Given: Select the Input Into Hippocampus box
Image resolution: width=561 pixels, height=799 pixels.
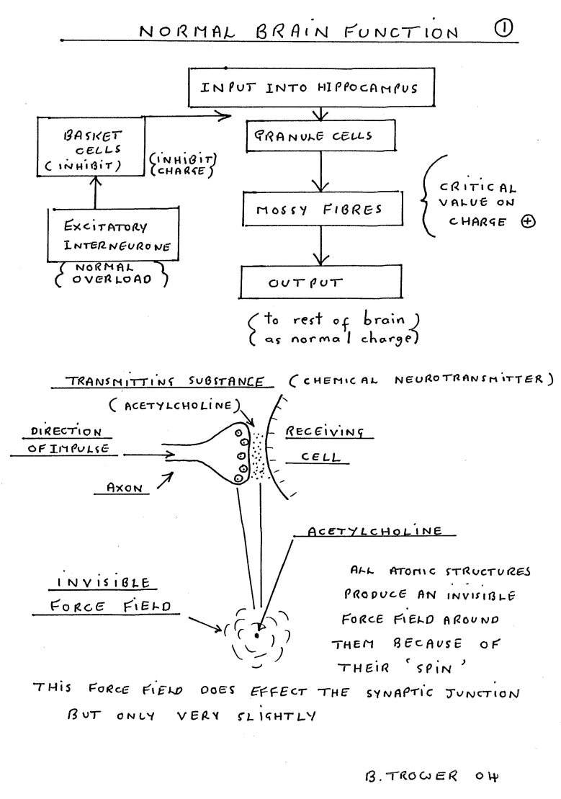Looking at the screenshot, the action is (311, 87).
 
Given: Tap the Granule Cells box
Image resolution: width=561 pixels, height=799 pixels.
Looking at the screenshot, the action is (320, 135).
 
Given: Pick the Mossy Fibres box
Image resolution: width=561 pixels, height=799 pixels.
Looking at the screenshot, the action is (322, 208).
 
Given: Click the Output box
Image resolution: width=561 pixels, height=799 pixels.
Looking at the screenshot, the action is (320, 281).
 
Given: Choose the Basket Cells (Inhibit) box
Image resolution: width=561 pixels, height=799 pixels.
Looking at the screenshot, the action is (91, 146).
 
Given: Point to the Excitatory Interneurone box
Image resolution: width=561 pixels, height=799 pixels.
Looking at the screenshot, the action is (114, 234).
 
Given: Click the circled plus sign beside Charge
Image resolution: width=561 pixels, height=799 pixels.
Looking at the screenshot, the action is (529, 222).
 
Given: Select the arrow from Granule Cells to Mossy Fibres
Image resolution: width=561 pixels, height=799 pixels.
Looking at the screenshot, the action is (320, 171).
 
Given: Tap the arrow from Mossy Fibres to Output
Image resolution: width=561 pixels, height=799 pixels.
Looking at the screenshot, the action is (320, 245).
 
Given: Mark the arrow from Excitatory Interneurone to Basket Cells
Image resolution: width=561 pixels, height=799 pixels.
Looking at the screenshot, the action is (97, 192).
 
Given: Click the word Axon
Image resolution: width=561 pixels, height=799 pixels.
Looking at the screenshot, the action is (125, 488).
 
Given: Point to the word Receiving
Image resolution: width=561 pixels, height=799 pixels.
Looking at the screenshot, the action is (325, 432).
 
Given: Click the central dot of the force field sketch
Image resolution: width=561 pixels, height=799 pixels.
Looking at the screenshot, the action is (256, 635).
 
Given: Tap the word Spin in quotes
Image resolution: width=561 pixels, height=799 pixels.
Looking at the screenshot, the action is (435, 668).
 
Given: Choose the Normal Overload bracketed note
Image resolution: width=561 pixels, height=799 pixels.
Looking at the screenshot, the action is (111, 274).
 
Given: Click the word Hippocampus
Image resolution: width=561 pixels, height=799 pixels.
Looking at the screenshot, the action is (367, 88).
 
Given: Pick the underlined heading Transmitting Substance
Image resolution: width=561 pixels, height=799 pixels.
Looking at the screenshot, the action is (165, 381).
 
